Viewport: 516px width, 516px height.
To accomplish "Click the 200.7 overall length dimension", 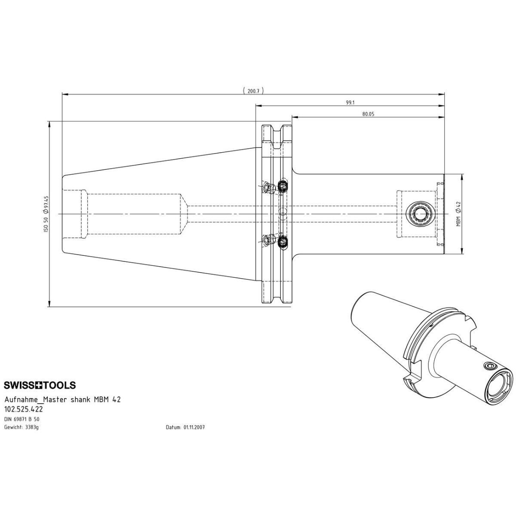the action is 253,91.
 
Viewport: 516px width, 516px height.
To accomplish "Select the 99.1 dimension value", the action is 350,103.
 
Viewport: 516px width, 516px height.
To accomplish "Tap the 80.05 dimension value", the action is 368,114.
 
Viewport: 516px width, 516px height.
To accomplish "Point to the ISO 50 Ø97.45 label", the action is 46,214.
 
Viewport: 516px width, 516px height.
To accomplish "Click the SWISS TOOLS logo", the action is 40,385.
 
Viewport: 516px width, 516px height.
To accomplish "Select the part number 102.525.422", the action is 24,409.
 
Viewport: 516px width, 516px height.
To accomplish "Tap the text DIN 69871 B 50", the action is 21,419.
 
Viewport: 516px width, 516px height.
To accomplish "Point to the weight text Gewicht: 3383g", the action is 21,427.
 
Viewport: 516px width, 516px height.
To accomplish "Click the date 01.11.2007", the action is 194,427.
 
